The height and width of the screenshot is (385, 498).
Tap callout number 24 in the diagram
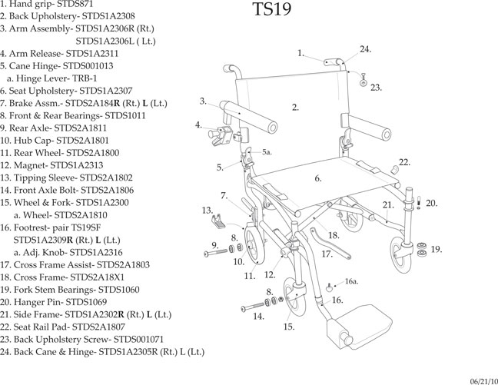tap(365, 49)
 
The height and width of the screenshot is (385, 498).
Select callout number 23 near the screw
tap(375, 88)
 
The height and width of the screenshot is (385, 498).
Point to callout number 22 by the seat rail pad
tap(404, 162)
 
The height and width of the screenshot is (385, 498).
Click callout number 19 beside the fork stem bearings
tap(436, 249)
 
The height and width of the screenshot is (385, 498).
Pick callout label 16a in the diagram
tap(351, 282)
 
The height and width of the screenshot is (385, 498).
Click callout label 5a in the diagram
tap(267, 153)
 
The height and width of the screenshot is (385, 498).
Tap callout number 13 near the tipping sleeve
tap(207, 210)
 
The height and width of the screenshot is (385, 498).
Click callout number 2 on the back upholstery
tap(295, 107)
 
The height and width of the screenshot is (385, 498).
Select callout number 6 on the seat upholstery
tap(317, 178)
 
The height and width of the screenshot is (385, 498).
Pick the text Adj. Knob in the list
tap(47, 252)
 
